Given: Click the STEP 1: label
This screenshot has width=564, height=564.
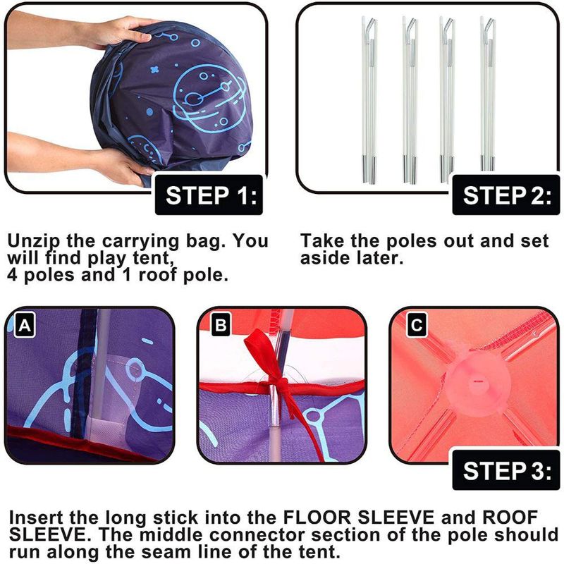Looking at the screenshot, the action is pyautogui.click(x=209, y=195).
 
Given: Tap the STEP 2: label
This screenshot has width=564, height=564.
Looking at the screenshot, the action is pyautogui.click(x=506, y=195).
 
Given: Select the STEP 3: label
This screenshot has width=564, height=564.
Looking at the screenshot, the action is pyautogui.click(x=506, y=470).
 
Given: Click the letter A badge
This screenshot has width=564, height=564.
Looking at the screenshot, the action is pyautogui.click(x=25, y=325).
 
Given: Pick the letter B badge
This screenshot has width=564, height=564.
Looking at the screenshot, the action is pyautogui.click(x=221, y=325).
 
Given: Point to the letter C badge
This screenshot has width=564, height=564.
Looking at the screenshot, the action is pyautogui.click(x=417, y=325).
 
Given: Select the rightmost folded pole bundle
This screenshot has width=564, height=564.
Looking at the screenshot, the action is pyautogui.click(x=488, y=95).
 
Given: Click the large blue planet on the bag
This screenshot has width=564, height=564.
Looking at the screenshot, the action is pyautogui.click(x=209, y=99).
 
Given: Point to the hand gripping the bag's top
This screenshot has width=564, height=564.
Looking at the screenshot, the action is pyautogui.click(x=115, y=33).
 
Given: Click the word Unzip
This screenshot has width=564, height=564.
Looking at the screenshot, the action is pyautogui.click(x=34, y=242).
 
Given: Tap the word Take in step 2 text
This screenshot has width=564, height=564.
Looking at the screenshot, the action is pyautogui.click(x=322, y=240).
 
